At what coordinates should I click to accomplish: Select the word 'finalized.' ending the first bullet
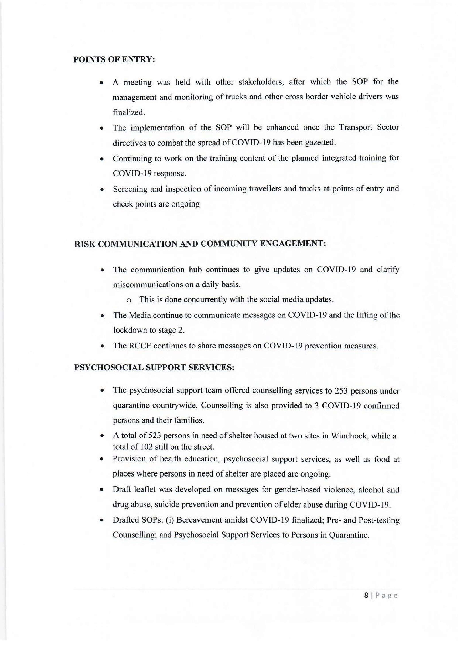pos(129,112)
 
